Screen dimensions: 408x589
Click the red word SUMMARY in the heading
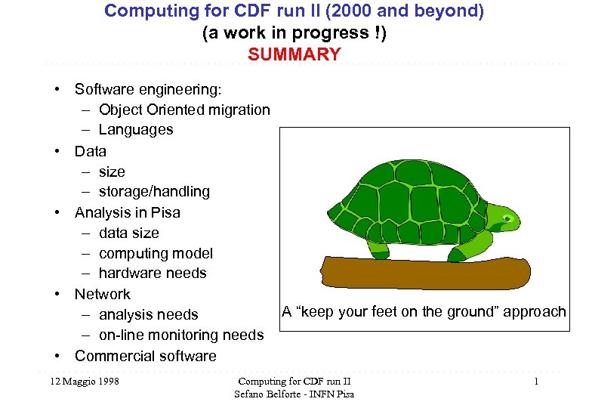294,54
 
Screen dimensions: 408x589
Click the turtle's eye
508,220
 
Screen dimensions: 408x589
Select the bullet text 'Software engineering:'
148,89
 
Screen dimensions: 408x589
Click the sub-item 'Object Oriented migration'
184,110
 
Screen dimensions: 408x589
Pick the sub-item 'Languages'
136,130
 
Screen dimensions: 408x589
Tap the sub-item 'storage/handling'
154,192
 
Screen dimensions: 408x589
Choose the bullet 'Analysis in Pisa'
127,212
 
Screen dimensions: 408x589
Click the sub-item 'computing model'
156,253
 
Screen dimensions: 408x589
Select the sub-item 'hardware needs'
153,274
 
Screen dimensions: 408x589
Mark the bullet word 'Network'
102,294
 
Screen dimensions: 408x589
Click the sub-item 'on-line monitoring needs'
181,335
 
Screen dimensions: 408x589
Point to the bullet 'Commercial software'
145,356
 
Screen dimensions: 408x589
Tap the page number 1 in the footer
535,382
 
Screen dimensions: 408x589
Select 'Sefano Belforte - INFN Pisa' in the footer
294,394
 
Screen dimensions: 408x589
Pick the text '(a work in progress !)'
294,33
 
